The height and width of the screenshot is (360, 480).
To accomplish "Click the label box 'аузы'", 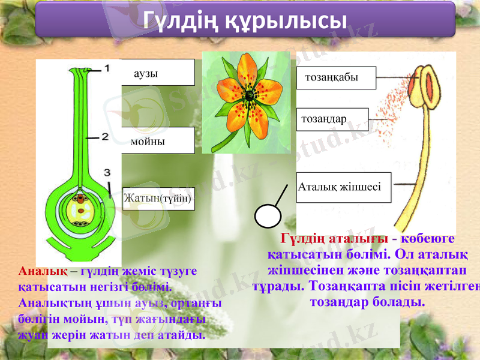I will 158,73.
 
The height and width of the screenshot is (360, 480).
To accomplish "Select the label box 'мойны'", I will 158,140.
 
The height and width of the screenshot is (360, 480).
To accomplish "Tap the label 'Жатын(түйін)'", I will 158,197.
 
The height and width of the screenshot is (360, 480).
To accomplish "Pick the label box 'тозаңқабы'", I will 336,77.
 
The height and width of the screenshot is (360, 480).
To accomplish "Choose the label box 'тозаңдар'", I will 332,119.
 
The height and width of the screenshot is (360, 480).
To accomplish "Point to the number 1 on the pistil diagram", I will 107,68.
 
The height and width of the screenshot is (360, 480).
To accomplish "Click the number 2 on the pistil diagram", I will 104,137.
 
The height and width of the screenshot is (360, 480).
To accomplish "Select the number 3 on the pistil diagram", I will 107,172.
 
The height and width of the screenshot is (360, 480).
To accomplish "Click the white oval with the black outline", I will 268,215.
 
